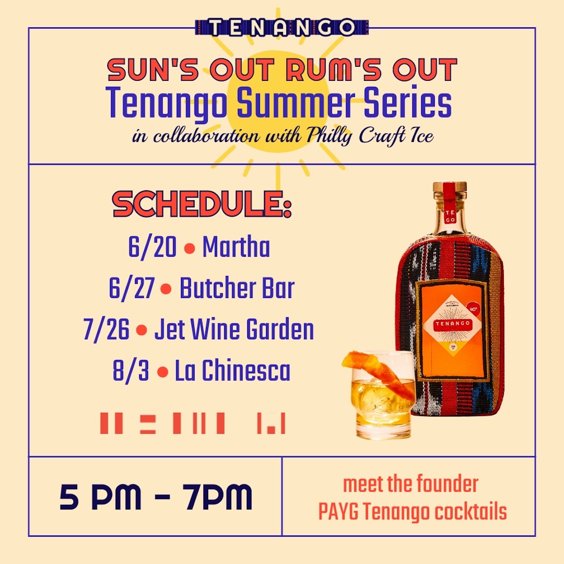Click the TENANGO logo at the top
pos(282,27)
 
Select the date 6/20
pos(152,247)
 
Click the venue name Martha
pos(236,247)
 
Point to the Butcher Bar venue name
pos(237,288)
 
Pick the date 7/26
pos(106,329)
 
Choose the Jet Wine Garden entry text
pos(234,329)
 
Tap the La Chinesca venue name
pos(233,371)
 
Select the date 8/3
pos(131,371)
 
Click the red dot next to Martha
pos(189,248)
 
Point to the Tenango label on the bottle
pos(452,324)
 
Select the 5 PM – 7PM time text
pos(156,497)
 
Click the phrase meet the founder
pos(410,484)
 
